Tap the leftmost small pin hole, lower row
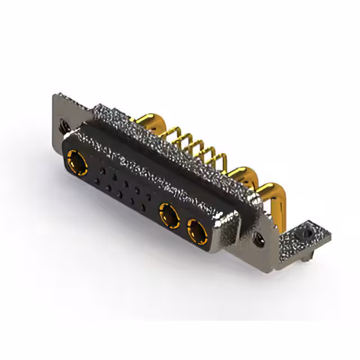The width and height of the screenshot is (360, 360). tap(97, 181)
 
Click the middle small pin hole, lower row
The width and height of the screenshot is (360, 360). tap(120, 195)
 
